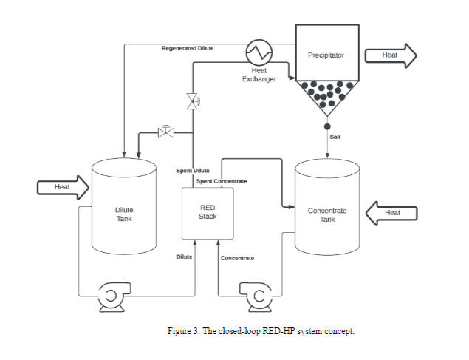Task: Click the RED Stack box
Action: tap(208, 213)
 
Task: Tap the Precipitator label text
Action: tap(326, 55)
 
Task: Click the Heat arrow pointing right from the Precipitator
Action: tap(400, 55)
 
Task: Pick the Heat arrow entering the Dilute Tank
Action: tap(63, 187)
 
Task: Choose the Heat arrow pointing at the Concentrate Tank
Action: tap(391, 213)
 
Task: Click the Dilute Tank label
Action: tap(124, 214)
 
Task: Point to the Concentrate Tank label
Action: tap(327, 215)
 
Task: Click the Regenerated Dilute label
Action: tap(188, 48)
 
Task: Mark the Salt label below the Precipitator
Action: tap(335, 137)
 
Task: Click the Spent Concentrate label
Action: tap(222, 181)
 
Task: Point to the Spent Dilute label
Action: tap(193, 171)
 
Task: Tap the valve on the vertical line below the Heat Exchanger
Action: tap(193, 101)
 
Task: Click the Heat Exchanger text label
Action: tap(259, 75)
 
